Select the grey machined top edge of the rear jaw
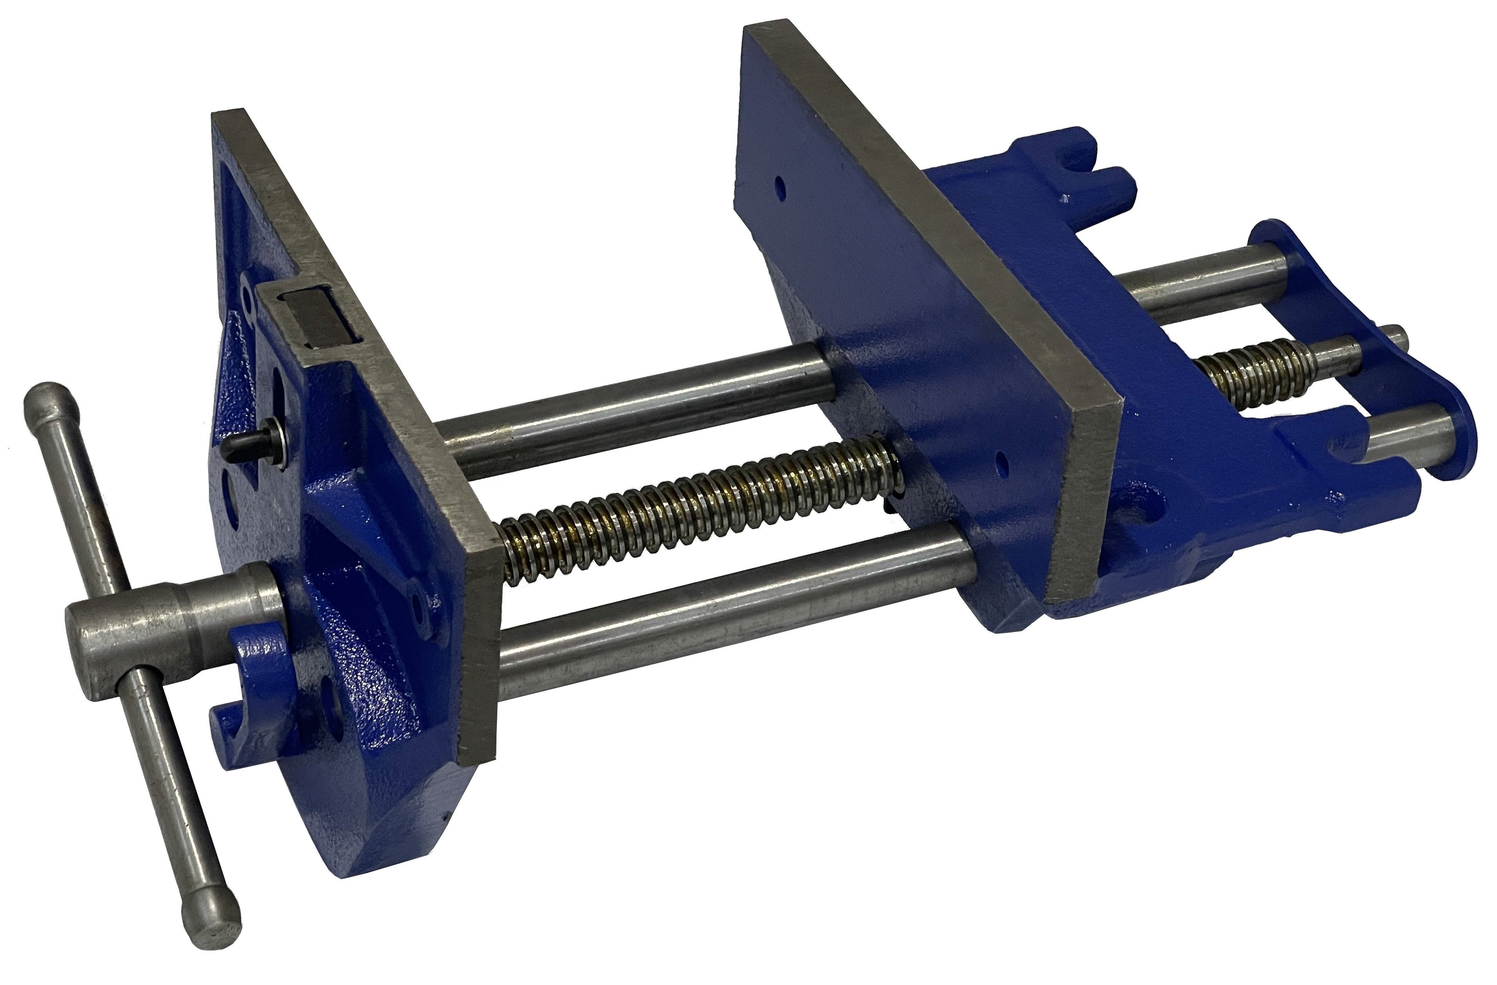(931, 220)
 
